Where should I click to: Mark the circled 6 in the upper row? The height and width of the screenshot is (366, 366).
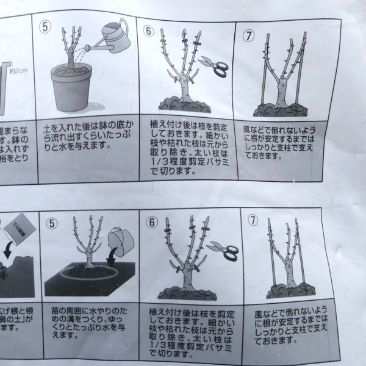point(149,30)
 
